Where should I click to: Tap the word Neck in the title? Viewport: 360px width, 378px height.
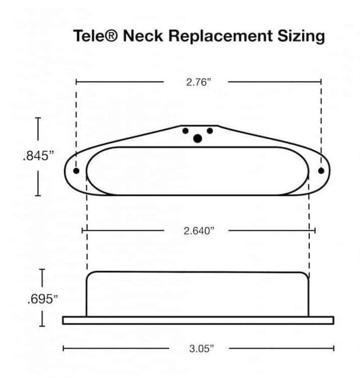[x=143, y=36]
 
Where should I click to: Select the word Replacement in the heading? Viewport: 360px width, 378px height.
[x=220, y=36]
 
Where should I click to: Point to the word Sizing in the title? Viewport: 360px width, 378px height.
[x=301, y=37]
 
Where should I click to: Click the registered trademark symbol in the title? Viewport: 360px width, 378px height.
[x=112, y=35]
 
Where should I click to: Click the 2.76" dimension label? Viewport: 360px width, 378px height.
[x=198, y=82]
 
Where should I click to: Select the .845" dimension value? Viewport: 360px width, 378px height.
[x=38, y=156]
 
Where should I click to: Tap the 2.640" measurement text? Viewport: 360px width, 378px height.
[x=199, y=231]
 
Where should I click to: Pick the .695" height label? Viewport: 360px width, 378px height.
[x=43, y=299]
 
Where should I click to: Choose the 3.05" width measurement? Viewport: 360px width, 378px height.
[x=201, y=349]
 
